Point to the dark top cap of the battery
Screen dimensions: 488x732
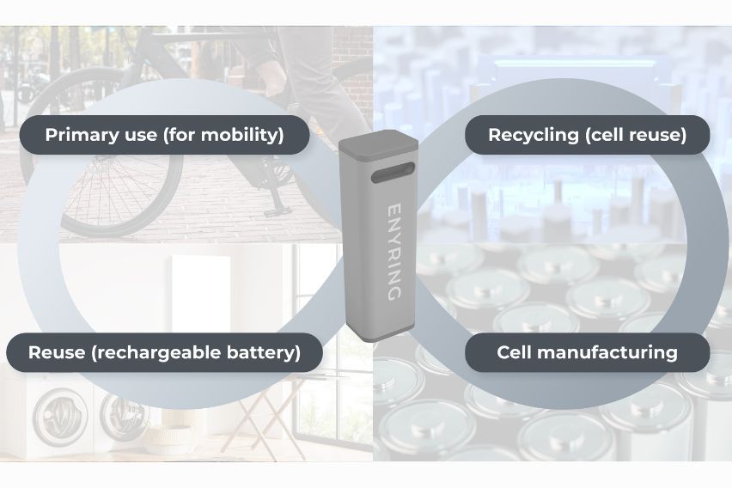tap(377, 147)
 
